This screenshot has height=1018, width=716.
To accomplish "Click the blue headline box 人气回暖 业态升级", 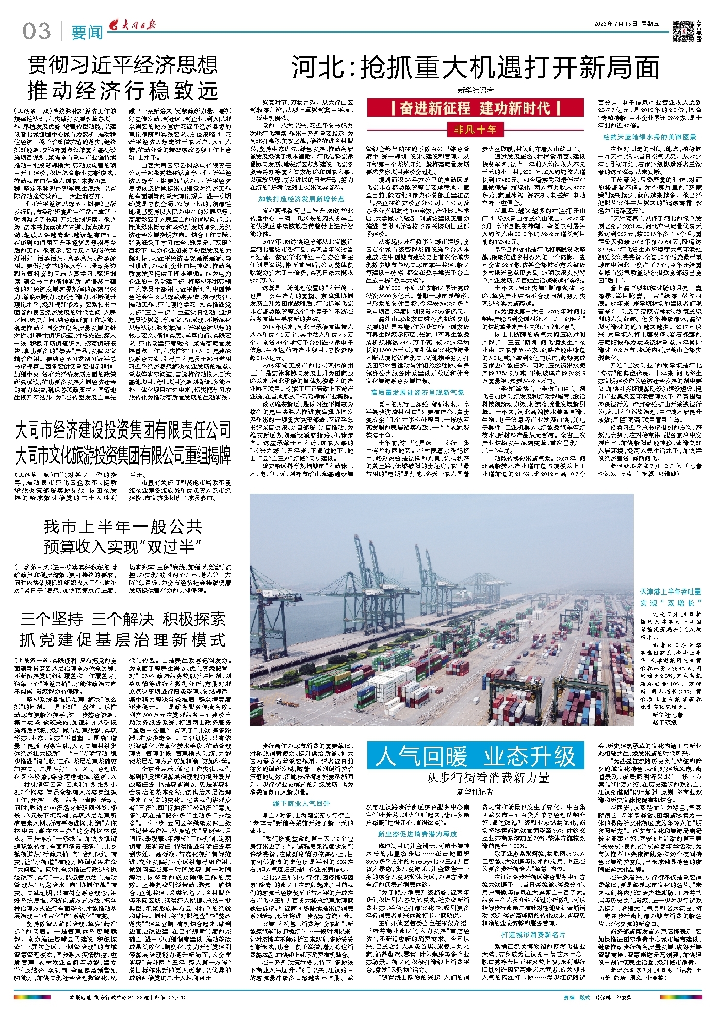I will coord(475,756).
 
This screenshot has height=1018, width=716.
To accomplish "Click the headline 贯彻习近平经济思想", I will coord(123,66).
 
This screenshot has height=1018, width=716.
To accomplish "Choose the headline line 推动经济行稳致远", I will coord(123,91).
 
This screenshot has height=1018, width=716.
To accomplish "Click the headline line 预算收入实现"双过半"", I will coord(123,546).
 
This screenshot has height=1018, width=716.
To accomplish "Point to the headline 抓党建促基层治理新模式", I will coord(123,640).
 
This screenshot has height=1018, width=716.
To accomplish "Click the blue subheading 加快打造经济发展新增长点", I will coord(301,199).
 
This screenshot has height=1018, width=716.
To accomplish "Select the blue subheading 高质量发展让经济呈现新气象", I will coord(417,392).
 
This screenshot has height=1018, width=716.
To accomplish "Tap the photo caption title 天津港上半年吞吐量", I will coord(671,592).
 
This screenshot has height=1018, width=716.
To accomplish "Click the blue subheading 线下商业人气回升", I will coord(302,803).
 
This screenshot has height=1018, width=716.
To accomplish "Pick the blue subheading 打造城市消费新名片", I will coord(533,920).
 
